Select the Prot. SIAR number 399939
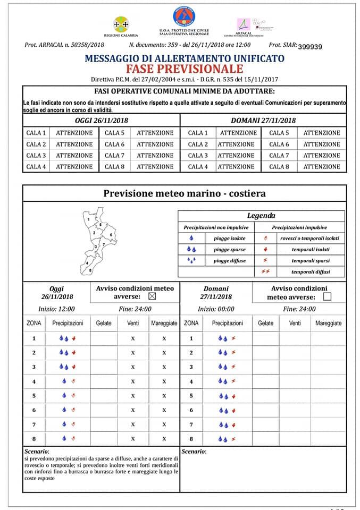click(310, 47)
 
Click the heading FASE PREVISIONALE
click(184, 69)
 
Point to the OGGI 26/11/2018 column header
click(102, 121)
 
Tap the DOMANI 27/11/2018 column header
click(263, 121)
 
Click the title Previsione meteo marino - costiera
click(184, 193)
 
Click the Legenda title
click(261, 216)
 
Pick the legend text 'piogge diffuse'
click(229, 260)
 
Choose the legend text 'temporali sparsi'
click(310, 260)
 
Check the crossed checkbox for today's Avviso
click(153, 296)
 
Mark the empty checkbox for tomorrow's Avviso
click(327, 297)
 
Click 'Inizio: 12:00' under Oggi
click(56, 309)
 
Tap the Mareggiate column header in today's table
click(164, 323)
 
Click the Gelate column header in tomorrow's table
click(265, 323)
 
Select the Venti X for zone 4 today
click(133, 381)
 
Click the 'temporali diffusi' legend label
click(310, 271)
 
